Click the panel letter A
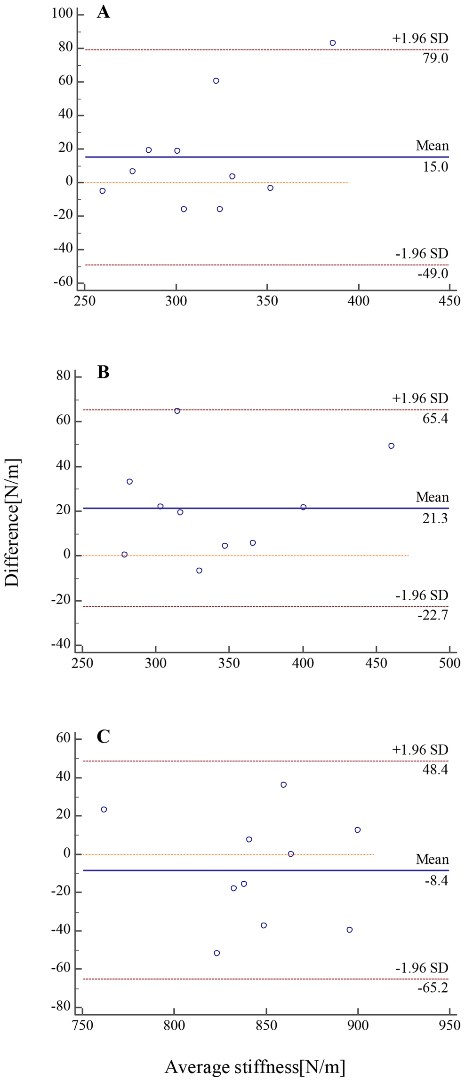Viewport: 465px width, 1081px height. (x=103, y=12)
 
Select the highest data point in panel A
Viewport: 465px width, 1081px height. (x=332, y=43)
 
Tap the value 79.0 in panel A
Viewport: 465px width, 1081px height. (x=435, y=59)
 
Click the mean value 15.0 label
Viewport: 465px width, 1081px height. (x=435, y=167)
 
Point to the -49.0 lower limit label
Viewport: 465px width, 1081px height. (x=433, y=274)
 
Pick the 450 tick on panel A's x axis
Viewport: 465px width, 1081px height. (x=449, y=301)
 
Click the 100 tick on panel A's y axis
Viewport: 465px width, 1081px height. (x=62, y=14)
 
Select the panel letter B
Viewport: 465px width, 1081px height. (x=103, y=372)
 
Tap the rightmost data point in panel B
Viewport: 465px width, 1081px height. (x=391, y=446)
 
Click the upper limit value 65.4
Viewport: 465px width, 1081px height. (x=435, y=418)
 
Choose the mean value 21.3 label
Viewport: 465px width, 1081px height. (x=435, y=518)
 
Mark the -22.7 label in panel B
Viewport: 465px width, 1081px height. (x=433, y=615)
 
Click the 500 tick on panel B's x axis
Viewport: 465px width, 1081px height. (x=449, y=663)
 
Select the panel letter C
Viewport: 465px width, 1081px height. (x=103, y=736)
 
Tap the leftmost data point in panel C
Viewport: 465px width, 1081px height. (x=104, y=809)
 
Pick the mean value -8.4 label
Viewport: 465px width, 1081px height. (x=436, y=880)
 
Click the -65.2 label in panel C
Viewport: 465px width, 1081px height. (x=433, y=987)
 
